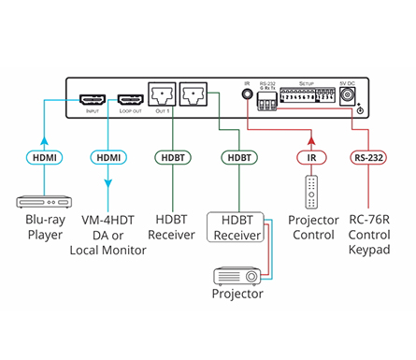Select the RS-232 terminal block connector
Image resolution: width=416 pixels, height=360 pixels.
tap(266, 103)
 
